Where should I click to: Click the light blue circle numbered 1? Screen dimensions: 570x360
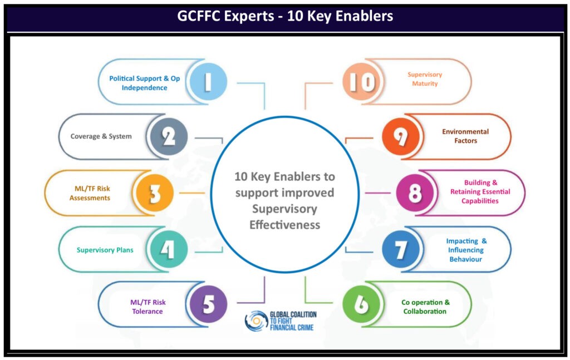click(x=208, y=82)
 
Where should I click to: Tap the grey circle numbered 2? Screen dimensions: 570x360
click(x=169, y=136)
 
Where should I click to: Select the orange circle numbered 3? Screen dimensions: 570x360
click(x=155, y=193)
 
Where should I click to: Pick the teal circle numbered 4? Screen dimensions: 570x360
click(x=169, y=250)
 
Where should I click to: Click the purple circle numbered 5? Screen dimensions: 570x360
click(x=208, y=304)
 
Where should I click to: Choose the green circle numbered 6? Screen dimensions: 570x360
click(x=361, y=304)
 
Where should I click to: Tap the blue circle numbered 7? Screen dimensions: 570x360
click(x=401, y=250)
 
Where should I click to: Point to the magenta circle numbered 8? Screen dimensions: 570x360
click(x=415, y=193)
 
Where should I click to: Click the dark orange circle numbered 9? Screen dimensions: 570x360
click(x=401, y=136)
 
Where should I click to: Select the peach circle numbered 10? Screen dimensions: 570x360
click(x=361, y=82)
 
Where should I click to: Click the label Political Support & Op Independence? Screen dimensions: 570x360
click(x=145, y=83)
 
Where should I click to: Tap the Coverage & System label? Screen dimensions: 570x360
click(x=101, y=136)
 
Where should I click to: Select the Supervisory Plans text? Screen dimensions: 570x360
click(x=105, y=250)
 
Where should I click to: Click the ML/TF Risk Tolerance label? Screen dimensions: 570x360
click(x=148, y=307)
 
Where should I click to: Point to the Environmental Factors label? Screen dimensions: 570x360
click(x=465, y=136)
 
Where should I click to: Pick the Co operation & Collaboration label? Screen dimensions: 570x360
click(x=425, y=307)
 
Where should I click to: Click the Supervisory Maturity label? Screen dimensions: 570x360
click(x=425, y=79)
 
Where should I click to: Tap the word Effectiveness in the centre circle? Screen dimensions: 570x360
click(x=284, y=225)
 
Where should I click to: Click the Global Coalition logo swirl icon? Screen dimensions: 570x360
click(x=256, y=321)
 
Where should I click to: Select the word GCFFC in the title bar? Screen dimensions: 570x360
click(x=199, y=16)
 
